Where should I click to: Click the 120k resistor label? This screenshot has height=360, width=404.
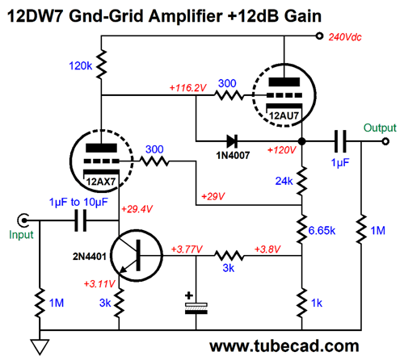point(81,65)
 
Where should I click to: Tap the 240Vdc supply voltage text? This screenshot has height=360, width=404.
point(345,37)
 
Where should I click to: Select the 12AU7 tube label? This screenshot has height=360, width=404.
point(284,115)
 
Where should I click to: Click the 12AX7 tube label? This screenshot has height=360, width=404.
point(101,182)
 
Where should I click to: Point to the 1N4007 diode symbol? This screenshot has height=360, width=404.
point(232,141)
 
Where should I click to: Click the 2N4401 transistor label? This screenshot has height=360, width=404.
point(90,257)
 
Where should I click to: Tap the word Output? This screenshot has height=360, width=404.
point(380,128)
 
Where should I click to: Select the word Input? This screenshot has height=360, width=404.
point(21,235)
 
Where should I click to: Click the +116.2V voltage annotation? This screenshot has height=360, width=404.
point(187,87)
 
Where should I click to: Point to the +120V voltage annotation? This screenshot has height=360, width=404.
point(281,150)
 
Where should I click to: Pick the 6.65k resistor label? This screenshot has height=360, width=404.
point(322,231)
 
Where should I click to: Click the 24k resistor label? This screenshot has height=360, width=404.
point(284,181)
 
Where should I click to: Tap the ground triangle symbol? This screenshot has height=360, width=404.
point(40,347)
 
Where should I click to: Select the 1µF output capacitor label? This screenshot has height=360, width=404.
point(340,163)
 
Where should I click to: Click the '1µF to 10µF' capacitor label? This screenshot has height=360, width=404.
point(78,202)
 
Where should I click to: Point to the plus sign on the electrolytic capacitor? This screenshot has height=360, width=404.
point(189,295)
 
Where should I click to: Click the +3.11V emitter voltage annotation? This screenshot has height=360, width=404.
point(99,283)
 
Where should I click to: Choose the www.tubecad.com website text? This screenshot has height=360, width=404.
point(284,346)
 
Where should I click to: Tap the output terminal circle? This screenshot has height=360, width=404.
point(385,141)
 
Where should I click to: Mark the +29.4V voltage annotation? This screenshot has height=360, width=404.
point(137,209)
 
